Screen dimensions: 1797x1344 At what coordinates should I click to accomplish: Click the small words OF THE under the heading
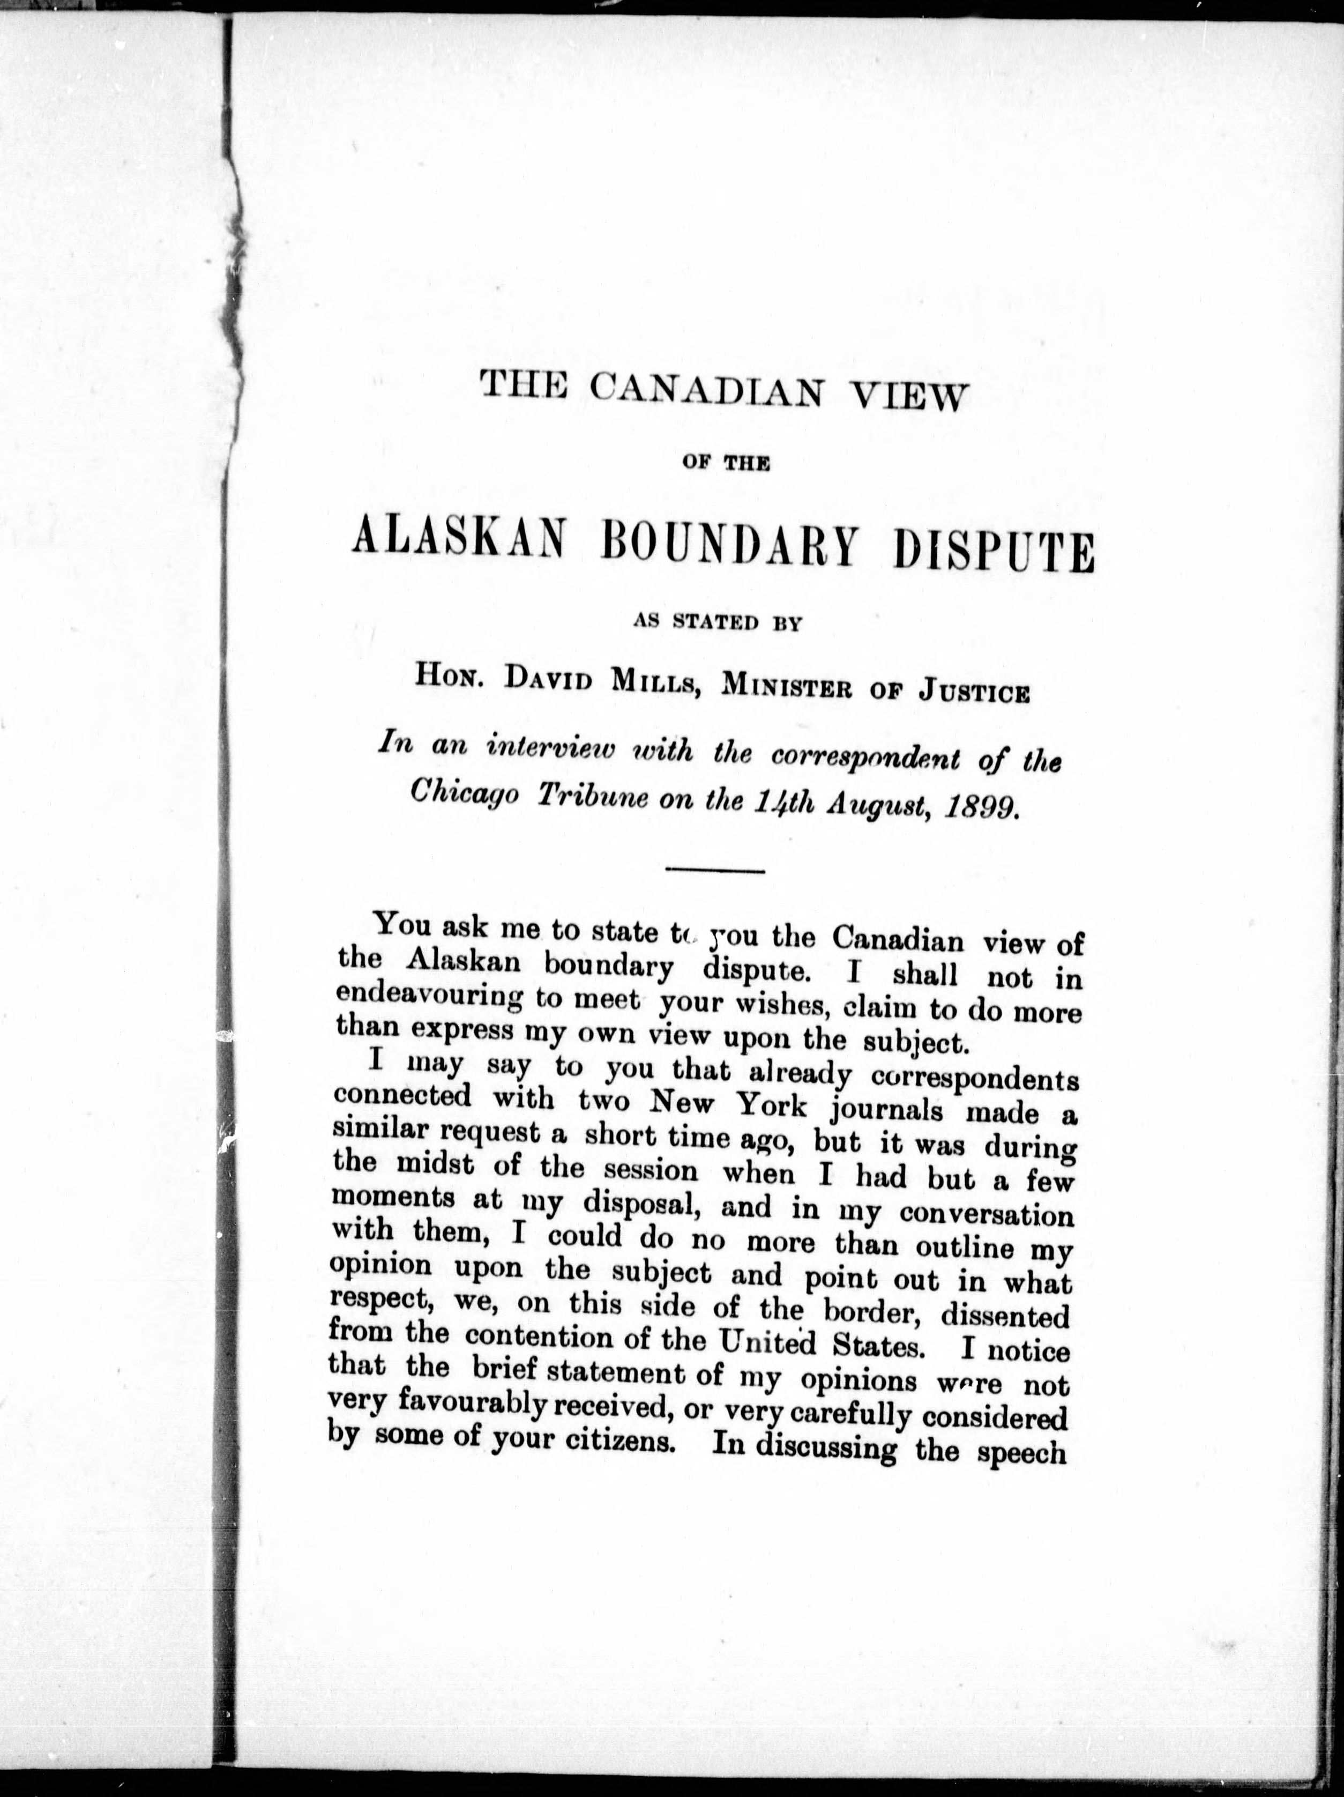pyautogui.click(x=723, y=465)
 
